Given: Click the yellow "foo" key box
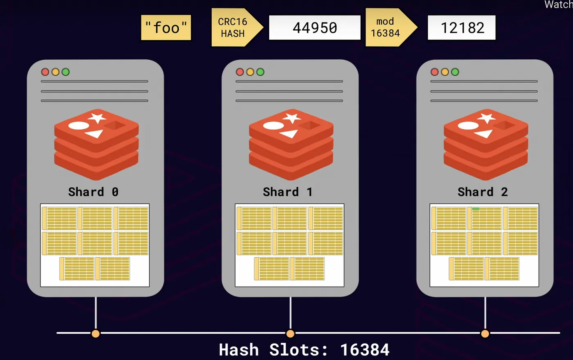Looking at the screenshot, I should point(166,28).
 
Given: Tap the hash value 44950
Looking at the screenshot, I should point(314,28).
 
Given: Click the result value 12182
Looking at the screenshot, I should point(462,28).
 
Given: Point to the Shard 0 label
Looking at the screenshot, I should point(93,192).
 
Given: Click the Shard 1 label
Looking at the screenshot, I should point(288,192).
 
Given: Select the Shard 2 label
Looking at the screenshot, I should point(483,192).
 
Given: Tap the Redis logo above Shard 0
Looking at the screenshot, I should point(97,144).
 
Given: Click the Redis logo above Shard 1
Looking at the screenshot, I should point(291,144).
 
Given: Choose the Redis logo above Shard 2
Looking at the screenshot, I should point(486,144).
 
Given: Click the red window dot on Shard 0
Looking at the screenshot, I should point(45,72).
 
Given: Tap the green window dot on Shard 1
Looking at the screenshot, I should point(260,72).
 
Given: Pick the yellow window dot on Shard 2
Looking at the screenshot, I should point(445,72).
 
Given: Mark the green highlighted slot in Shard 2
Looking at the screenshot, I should point(476,209).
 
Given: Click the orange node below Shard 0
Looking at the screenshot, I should point(95,333).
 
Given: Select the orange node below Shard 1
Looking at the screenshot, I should point(290,333).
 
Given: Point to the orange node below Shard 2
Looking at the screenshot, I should point(485,333).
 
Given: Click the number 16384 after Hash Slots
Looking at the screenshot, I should point(365,350).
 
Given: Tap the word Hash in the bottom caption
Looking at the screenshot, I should point(239,350).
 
